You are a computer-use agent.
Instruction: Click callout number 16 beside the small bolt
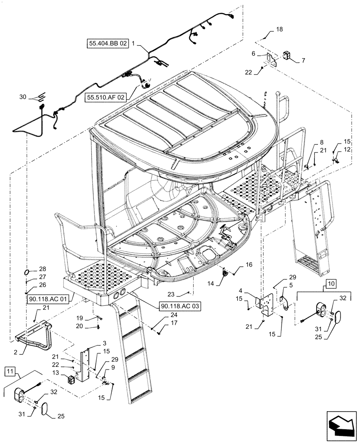click(249, 265)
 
